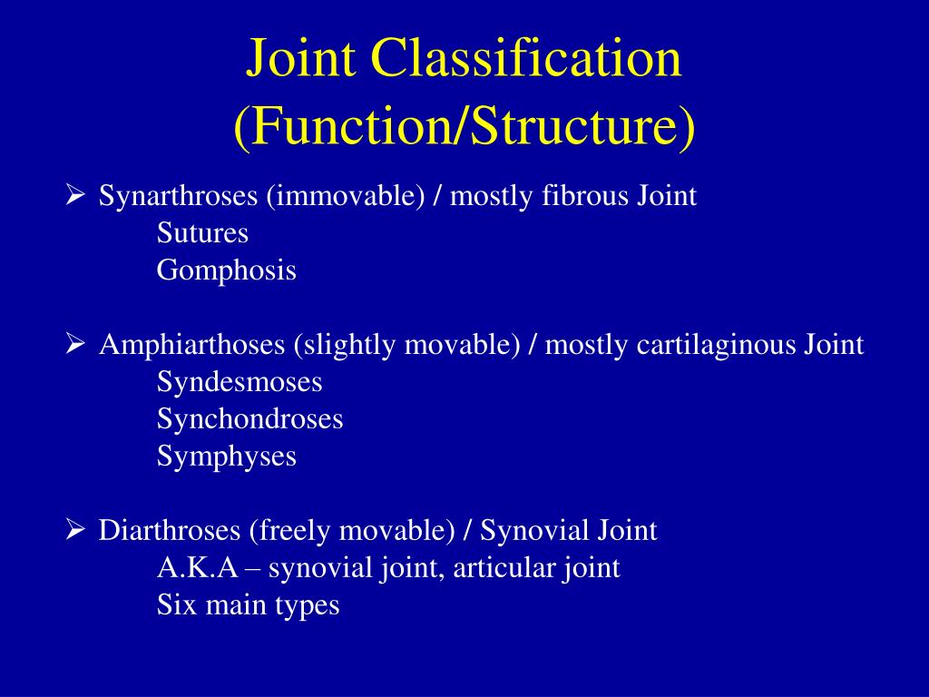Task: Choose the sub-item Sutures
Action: coord(202,233)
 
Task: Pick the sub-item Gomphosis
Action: coord(227,270)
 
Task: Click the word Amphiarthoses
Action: coord(191,345)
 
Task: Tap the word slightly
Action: coord(347,345)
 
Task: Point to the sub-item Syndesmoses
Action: coord(240,382)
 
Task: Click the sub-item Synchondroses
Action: coord(249,419)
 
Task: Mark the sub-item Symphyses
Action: coord(227,456)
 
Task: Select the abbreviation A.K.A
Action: coord(197,568)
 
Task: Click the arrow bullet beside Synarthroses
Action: coord(75,195)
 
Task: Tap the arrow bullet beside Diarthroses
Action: coord(75,529)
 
